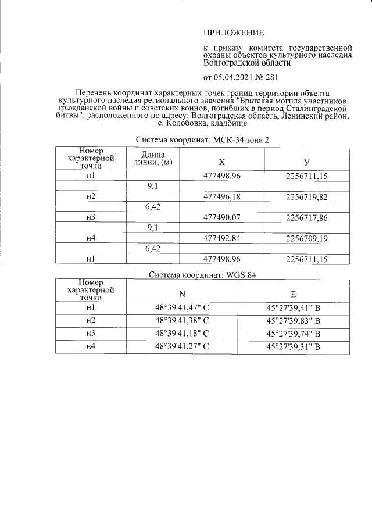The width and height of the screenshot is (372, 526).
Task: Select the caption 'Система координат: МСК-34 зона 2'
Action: (x=202, y=141)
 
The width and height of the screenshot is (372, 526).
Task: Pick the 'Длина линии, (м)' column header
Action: (x=153, y=158)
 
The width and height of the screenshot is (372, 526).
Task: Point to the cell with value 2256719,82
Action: (x=307, y=196)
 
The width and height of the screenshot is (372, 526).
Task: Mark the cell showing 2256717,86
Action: (x=307, y=217)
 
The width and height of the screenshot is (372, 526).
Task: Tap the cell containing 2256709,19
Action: (x=307, y=238)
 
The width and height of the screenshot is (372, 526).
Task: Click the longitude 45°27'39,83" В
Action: (x=293, y=320)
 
